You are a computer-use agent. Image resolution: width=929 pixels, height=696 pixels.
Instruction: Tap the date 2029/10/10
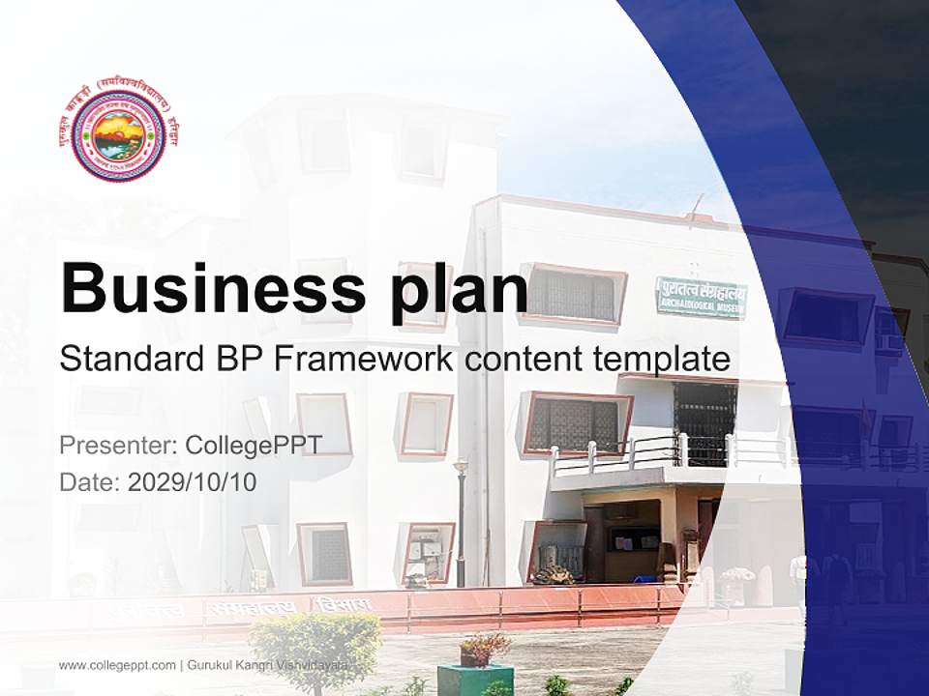tap(193, 481)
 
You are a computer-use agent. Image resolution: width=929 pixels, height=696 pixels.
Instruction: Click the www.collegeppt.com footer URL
tap(117, 665)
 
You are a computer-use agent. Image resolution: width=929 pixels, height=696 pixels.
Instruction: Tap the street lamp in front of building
tap(461, 522)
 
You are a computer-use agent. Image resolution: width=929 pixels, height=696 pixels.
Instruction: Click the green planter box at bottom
tap(474, 679)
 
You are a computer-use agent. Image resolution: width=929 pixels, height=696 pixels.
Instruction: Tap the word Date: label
tap(90, 481)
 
